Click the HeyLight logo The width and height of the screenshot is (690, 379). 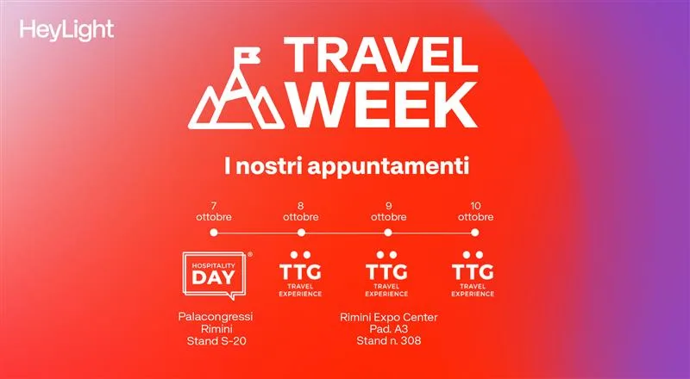[x=66, y=31]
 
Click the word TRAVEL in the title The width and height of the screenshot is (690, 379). [x=380, y=58]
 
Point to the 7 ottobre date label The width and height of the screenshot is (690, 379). [x=213, y=211]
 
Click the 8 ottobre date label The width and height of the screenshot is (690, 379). [x=301, y=211]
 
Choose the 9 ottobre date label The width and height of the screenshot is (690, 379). [x=387, y=211]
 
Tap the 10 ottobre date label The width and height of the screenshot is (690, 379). [x=475, y=211]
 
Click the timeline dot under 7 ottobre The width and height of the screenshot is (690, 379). [x=213, y=233]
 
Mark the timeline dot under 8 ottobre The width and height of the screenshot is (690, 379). [x=301, y=233]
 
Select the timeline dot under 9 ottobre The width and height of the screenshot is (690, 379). [x=387, y=233]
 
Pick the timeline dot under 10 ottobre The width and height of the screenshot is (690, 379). [x=475, y=233]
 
